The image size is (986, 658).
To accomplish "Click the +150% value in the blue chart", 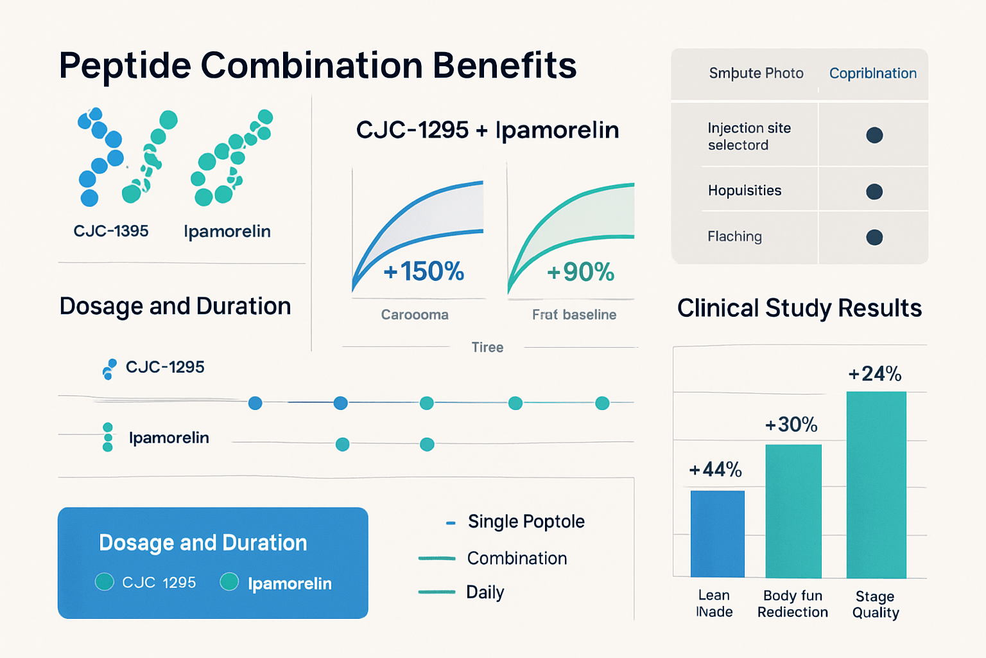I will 424,272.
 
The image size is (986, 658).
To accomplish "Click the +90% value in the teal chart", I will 580,272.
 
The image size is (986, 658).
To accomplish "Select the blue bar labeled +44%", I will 717,534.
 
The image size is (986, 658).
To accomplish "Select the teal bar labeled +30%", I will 793,511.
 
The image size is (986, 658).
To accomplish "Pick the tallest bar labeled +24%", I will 876,485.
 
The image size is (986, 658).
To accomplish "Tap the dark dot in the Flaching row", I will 874,237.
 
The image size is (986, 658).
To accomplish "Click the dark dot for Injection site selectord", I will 874,136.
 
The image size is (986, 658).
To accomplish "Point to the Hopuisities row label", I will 745,191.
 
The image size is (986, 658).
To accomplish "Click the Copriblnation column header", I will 872,73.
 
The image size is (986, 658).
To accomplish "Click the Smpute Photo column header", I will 756,73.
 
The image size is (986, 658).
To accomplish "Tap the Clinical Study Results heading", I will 799,308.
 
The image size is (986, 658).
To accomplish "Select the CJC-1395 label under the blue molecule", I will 111,231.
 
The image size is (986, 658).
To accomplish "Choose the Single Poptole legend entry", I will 526,521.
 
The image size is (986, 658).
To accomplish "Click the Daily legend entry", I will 485,592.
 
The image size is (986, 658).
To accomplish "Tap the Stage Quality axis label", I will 876,604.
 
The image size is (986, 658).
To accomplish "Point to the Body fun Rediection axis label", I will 793,604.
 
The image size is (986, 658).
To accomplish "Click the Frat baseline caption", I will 574,315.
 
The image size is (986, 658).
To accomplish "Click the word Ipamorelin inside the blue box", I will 290,583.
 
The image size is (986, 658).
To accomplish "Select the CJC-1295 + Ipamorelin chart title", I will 487,130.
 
